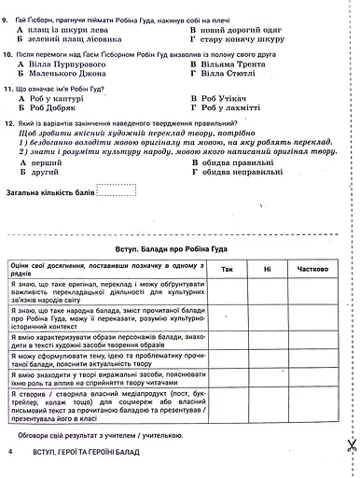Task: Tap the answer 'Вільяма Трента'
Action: (232, 70)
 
